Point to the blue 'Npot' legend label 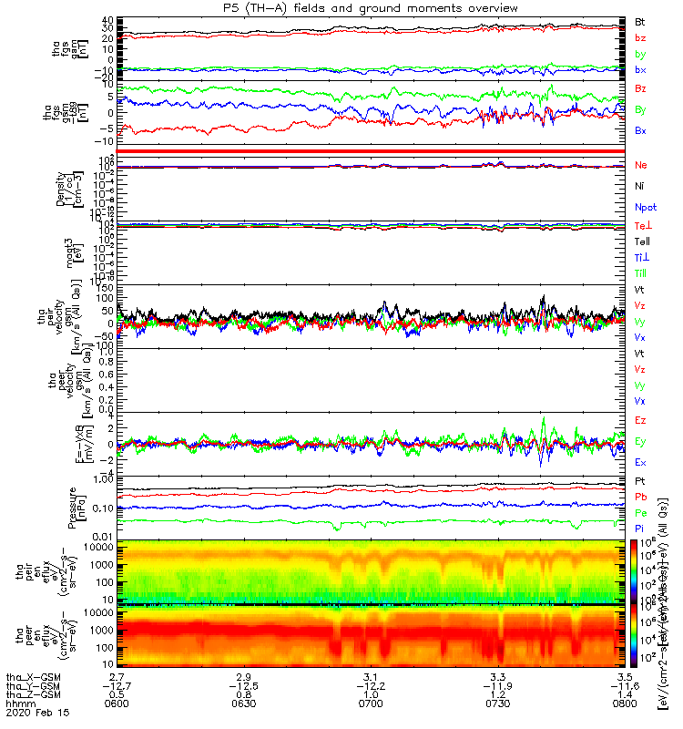(x=645, y=207)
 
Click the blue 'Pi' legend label (x=639, y=528)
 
